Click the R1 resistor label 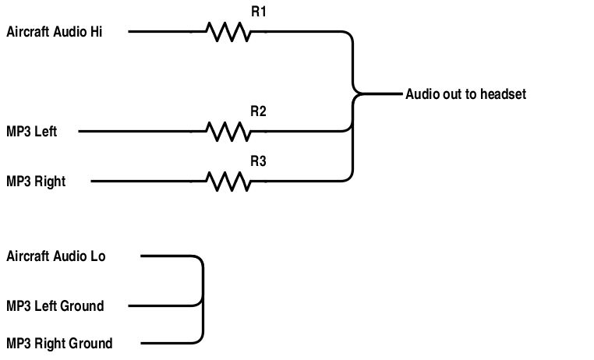258,12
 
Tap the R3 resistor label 258,162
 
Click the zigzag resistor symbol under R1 228,32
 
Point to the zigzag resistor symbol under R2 228,131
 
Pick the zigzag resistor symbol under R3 228,182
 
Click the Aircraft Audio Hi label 55,32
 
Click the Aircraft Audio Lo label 56,256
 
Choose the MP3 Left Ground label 55,306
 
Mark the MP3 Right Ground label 59,344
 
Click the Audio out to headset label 465,94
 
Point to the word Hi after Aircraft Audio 96,32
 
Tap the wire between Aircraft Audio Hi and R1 164,32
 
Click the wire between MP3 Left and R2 140,131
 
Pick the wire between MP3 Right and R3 148,182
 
